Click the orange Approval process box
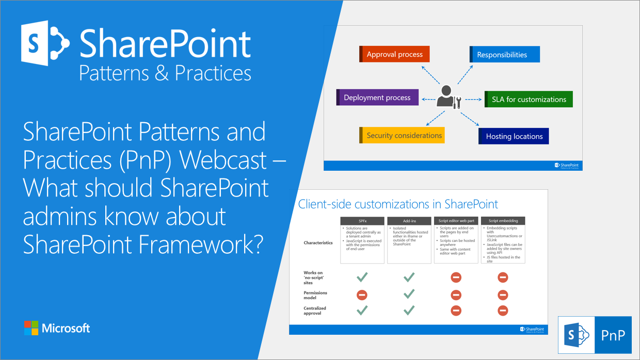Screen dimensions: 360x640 pos(394,54)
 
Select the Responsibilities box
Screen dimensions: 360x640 pos(504,54)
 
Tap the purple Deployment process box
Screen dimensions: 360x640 pos(377,97)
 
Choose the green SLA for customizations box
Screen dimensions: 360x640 pos(529,99)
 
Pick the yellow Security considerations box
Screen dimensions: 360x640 pos(402,135)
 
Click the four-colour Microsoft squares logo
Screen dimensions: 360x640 pos(31,328)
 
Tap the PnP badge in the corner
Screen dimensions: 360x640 pos(595,335)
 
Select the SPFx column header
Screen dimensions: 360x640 pos(362,220)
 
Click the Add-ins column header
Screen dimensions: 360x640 pos(409,220)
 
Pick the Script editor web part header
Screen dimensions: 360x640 pos(456,220)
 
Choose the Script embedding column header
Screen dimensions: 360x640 pos(503,220)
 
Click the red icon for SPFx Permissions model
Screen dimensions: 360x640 pos(362,294)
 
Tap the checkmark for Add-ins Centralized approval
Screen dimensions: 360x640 pos(409,310)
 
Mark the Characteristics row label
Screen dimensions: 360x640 pos(318,242)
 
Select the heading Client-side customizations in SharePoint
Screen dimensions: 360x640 pos(398,204)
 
